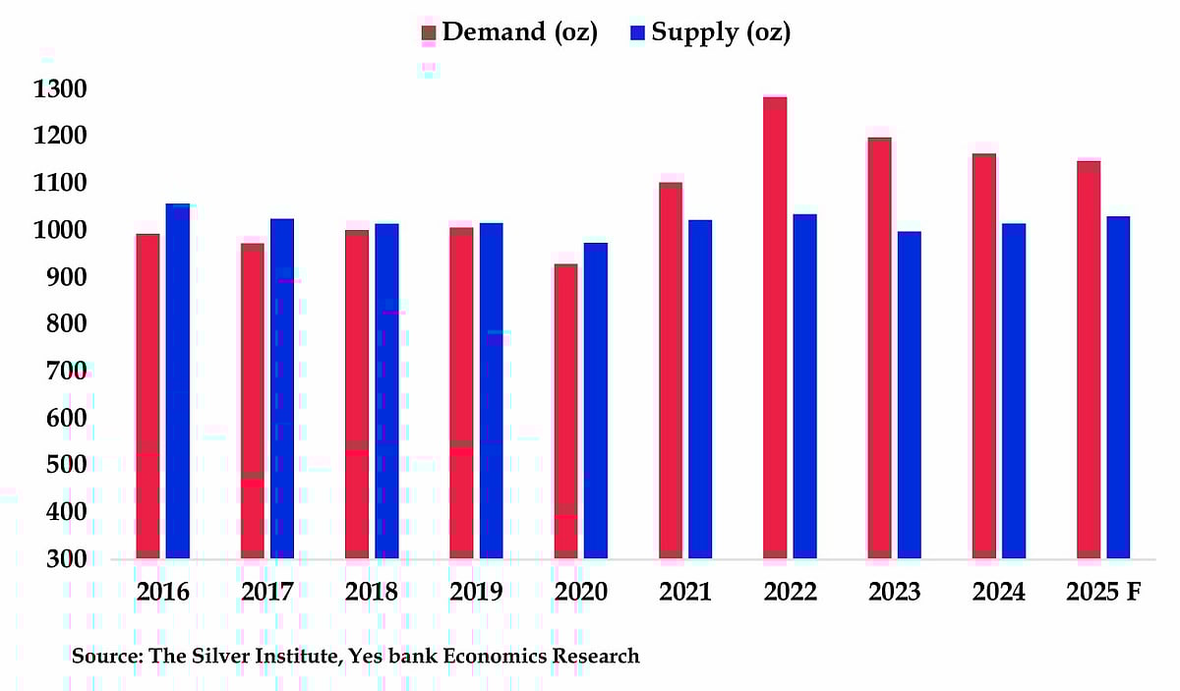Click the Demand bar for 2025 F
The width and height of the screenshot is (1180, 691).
pos(1089,360)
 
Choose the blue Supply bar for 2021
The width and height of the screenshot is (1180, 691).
pos(700,389)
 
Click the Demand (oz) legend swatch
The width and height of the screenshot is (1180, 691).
pos(428,33)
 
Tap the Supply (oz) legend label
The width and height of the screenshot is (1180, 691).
pos(721,32)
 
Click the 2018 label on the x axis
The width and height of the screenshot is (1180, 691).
pos(372,593)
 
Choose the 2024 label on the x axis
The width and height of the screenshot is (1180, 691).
pos(998,593)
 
